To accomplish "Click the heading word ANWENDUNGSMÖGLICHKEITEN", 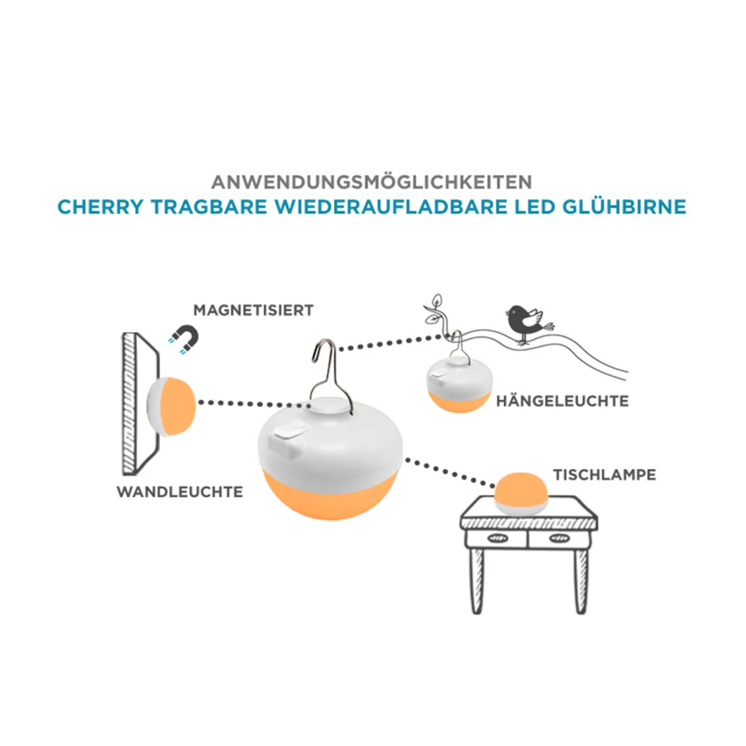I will pyautogui.click(x=371, y=182).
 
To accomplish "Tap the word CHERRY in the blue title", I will pyautogui.click(x=100, y=207).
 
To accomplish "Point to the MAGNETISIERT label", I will pyautogui.click(x=253, y=310).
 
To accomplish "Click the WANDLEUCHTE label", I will pyautogui.click(x=180, y=492).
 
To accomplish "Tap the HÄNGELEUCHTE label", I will pyautogui.click(x=562, y=401).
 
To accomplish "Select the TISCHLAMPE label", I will pyautogui.click(x=605, y=475).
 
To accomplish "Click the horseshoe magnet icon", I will pyautogui.click(x=183, y=338).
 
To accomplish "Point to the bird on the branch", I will pyautogui.click(x=526, y=322).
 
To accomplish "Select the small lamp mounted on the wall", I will pyautogui.click(x=173, y=406).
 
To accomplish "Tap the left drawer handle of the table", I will pyautogui.click(x=495, y=538).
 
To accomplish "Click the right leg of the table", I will pyautogui.click(x=580, y=579).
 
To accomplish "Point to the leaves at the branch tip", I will pyautogui.click(x=433, y=311).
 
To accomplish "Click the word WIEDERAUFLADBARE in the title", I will pyautogui.click(x=391, y=207).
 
